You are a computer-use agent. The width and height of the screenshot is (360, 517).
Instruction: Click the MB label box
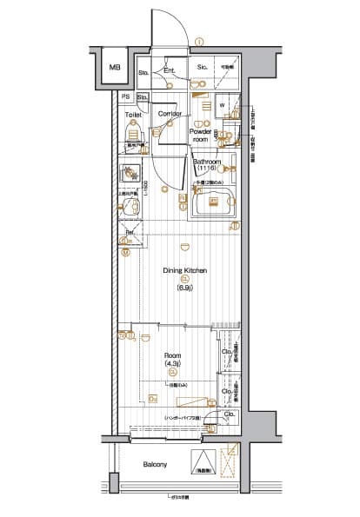pos(115,68)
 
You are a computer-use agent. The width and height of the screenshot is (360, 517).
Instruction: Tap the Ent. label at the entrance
pos(170,70)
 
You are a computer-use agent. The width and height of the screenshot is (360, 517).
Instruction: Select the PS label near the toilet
pos(126,96)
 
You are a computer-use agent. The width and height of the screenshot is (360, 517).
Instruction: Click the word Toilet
pos(133,114)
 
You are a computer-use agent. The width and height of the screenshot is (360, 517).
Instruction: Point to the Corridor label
pos(170,114)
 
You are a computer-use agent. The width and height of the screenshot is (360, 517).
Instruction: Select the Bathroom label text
pos(207,162)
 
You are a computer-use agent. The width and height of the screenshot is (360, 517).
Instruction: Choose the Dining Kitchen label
pos(185,271)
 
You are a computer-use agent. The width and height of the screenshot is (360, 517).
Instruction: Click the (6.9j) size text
pos(185,288)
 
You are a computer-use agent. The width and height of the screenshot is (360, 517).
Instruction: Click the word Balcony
pos(156,465)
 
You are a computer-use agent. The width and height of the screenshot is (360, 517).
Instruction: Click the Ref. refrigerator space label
pos(129,233)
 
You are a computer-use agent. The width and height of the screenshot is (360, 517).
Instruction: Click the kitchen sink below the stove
pos(131,207)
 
